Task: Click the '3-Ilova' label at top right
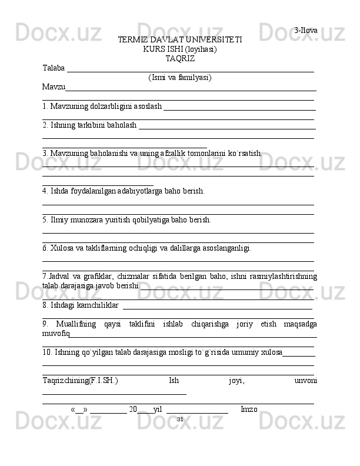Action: [x=306, y=30]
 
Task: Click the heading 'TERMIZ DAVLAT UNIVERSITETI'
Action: [x=180, y=39]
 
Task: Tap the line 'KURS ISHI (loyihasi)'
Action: [x=180, y=49]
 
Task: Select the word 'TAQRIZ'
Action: [x=180, y=58]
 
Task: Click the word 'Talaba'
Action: [x=54, y=68]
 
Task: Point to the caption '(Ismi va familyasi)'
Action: [x=180, y=77]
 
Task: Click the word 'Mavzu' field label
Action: [x=54, y=87]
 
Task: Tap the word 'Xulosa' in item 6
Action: [x=64, y=248]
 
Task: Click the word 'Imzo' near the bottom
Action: [x=249, y=409]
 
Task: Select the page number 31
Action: [x=180, y=419]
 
